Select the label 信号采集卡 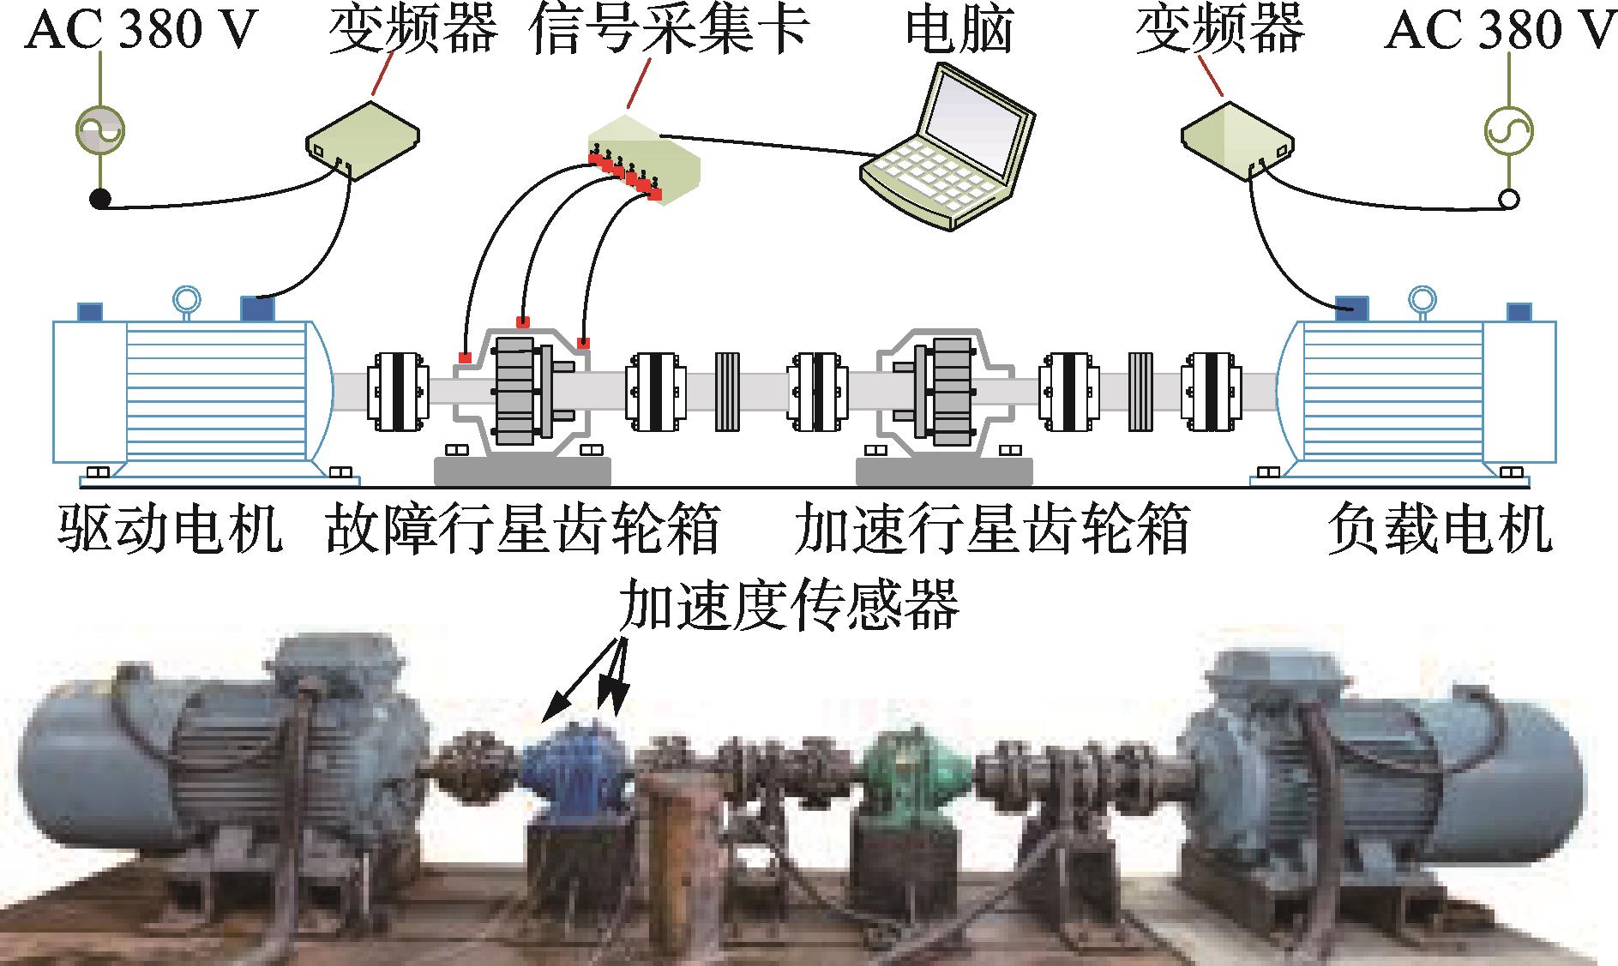tap(670, 30)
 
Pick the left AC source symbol tap(100, 131)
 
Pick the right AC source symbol tap(1508, 131)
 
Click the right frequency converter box tap(1236, 137)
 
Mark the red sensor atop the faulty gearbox tap(522, 321)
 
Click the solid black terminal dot tap(100, 200)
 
